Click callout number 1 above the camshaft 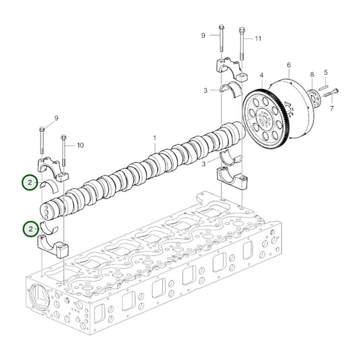154,138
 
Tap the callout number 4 261,75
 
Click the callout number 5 326,72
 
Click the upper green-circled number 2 29,182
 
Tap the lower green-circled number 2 29,230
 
